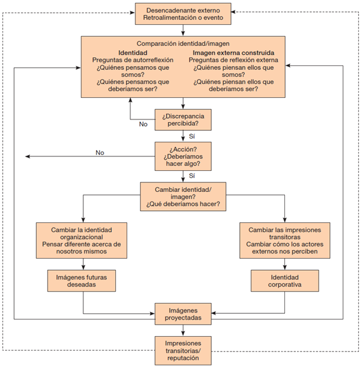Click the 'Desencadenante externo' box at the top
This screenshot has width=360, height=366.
[x=183, y=14]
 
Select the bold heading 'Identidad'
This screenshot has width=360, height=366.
[x=132, y=53]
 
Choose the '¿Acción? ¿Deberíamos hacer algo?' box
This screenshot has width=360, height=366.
[x=183, y=154]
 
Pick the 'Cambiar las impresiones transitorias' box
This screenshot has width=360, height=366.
[x=284, y=240]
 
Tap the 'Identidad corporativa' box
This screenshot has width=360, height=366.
[x=284, y=281]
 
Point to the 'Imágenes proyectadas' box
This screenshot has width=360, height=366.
[x=183, y=315]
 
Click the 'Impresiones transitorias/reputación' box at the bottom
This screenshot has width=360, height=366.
[x=183, y=349]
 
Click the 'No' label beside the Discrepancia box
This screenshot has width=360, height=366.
[x=143, y=124]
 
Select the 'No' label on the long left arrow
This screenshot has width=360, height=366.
[x=99, y=152]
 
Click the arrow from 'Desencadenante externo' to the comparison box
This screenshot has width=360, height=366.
[x=183, y=30]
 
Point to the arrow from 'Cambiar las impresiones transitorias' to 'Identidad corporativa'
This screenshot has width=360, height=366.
[x=284, y=264]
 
